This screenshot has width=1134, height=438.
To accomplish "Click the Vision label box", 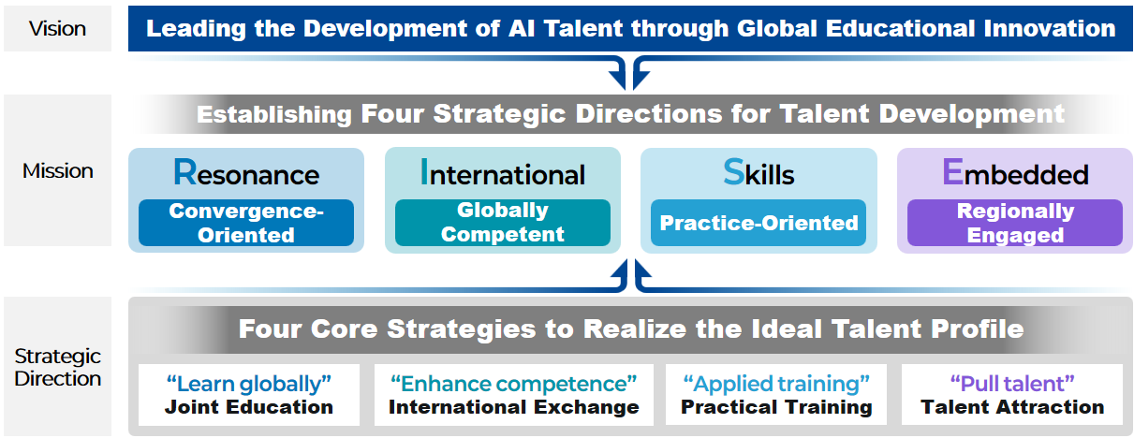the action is [57, 28].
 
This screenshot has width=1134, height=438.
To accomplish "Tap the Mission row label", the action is [57, 171].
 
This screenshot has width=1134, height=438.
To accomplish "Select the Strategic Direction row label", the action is [57, 367].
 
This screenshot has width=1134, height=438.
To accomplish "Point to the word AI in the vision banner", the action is [522, 28].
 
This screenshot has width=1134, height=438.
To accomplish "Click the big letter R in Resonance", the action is [184, 172].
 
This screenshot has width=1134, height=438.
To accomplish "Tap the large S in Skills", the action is [733, 172].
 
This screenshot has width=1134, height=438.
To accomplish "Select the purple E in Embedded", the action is [952, 172].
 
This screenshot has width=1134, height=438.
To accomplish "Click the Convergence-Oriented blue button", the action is [246, 223].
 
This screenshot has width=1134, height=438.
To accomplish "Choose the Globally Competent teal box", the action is [503, 223].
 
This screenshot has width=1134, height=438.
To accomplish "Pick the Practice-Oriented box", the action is [758, 223].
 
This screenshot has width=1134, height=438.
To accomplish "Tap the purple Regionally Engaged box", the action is [1015, 223].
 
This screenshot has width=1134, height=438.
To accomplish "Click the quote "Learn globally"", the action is [248, 384].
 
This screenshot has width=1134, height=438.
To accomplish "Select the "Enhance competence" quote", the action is [513, 384].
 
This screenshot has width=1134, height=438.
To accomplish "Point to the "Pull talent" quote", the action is [1012, 384].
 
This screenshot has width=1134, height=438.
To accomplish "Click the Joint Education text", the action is [248, 407].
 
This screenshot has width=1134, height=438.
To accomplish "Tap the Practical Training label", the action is [776, 407].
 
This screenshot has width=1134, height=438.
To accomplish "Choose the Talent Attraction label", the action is [1012, 407].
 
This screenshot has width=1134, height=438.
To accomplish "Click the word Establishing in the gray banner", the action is [273, 114].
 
